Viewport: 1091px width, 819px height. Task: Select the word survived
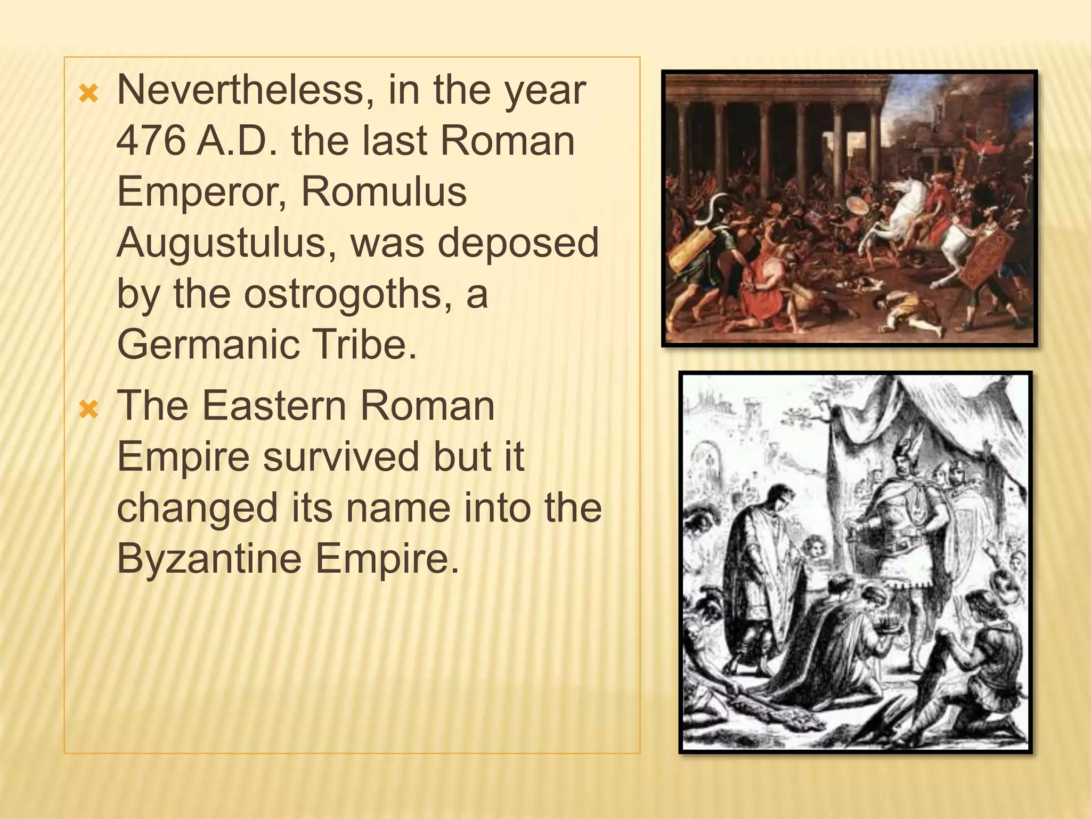[341, 457]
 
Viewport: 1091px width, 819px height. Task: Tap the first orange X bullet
[88, 94]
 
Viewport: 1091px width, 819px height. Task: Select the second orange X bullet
[88, 410]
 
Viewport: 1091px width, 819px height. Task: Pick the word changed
[197, 508]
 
